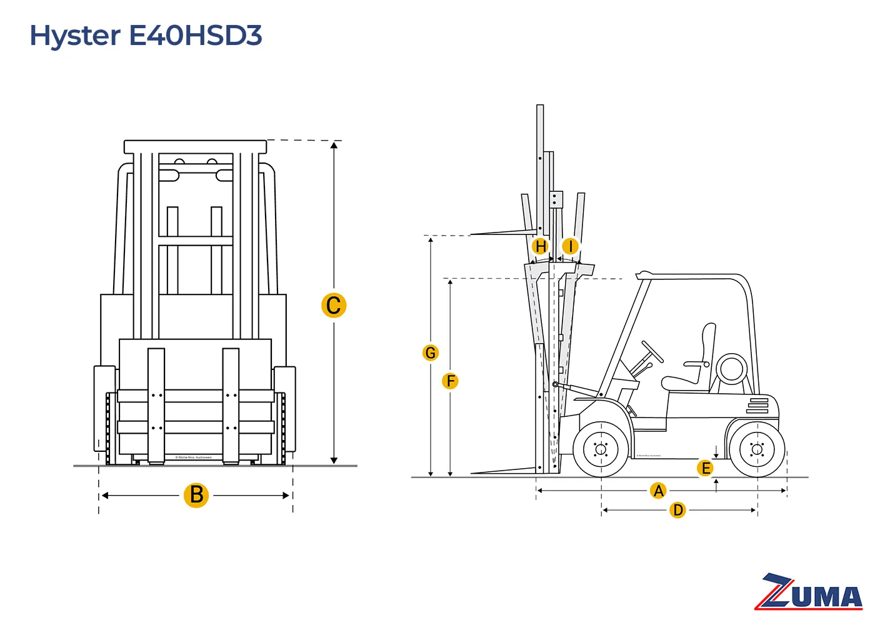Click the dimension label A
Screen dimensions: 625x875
pyautogui.click(x=658, y=491)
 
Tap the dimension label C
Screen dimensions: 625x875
pyautogui.click(x=334, y=306)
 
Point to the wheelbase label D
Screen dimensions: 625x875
pyautogui.click(x=677, y=510)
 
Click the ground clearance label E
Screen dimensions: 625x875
pyautogui.click(x=705, y=468)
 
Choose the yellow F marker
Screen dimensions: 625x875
pyautogui.click(x=450, y=381)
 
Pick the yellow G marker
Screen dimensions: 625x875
pyautogui.click(x=430, y=352)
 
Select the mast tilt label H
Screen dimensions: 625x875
pyautogui.click(x=541, y=246)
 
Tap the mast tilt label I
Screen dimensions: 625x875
pyautogui.click(x=570, y=246)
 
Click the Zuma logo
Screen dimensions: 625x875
pyautogui.click(x=810, y=591)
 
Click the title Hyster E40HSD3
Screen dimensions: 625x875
pyautogui.click(x=146, y=36)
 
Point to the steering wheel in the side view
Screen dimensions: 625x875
pyautogui.click(x=652, y=352)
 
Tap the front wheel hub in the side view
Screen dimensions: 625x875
pyautogui.click(x=601, y=449)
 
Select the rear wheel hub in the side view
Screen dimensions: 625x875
pyautogui.click(x=757, y=449)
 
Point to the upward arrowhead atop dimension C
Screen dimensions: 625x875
pyautogui.click(x=334, y=146)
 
